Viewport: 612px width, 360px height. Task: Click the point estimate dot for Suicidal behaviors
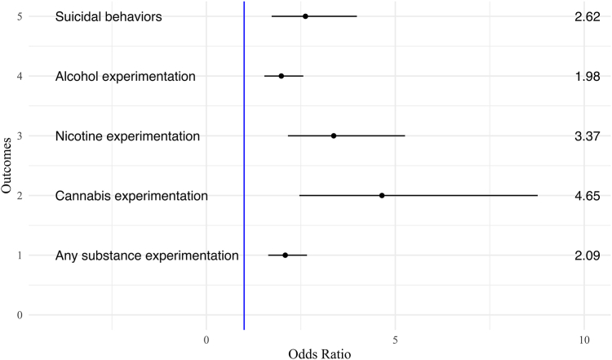(x=305, y=16)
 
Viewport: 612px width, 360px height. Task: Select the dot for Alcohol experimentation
(x=282, y=76)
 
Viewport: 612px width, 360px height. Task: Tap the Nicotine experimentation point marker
(x=334, y=136)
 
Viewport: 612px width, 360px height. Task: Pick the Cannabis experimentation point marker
(x=382, y=195)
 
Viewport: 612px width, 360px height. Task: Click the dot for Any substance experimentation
(x=285, y=255)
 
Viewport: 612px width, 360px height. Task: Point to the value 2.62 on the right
(x=588, y=16)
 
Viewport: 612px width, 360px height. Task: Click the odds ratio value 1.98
(x=588, y=76)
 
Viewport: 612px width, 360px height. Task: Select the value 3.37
(x=588, y=136)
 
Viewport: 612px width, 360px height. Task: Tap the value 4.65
(x=588, y=195)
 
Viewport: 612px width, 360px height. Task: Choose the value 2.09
(x=588, y=255)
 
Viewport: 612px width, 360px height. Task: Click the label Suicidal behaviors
(x=109, y=17)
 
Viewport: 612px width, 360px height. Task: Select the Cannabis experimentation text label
(x=131, y=196)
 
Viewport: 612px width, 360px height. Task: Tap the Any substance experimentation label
(x=147, y=256)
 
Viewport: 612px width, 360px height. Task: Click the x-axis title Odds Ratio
(x=319, y=353)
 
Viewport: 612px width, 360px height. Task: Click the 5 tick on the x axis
(x=395, y=338)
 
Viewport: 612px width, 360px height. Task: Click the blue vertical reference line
(x=244, y=163)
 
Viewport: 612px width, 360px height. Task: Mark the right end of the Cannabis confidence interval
(x=537, y=195)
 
